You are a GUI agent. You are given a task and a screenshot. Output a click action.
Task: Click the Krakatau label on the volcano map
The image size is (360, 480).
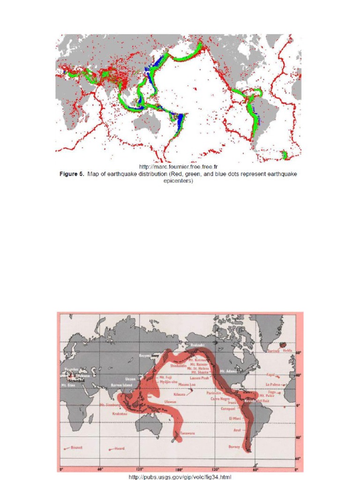(120, 414)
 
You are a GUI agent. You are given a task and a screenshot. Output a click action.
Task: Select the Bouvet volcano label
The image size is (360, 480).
(76, 448)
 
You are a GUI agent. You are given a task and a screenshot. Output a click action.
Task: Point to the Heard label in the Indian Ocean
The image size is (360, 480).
(119, 449)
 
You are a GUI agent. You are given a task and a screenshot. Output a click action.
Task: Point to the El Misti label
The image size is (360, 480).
(234, 418)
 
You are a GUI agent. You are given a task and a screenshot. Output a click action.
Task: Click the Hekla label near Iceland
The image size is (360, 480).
(287, 350)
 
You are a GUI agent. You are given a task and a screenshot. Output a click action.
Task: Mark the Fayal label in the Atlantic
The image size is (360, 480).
(270, 375)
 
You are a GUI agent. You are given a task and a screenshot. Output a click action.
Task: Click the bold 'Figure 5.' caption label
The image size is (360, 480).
(73, 173)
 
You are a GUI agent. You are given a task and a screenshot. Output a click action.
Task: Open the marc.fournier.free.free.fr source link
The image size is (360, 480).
(179, 166)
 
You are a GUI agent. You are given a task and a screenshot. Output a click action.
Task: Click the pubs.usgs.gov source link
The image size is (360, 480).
(180, 476)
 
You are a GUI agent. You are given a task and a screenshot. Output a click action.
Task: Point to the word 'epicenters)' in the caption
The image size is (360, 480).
(178, 181)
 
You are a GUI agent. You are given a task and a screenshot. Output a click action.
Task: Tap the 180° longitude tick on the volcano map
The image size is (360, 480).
(178, 469)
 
